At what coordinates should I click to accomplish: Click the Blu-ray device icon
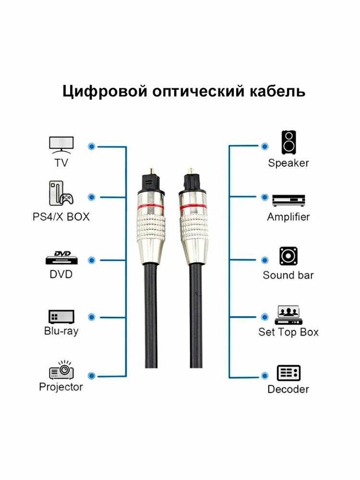(61, 316)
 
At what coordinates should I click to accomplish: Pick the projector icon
(61, 371)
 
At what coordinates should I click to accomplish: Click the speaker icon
(288, 143)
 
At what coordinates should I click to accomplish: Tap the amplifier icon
(288, 200)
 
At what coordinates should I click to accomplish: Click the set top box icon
(288, 315)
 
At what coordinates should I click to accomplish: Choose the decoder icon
(288, 372)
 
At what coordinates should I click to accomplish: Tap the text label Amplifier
(288, 217)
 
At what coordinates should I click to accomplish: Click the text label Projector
(61, 387)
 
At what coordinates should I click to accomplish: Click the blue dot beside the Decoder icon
(264, 374)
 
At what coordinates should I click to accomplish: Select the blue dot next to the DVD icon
(91, 260)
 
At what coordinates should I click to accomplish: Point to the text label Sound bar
(288, 276)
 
